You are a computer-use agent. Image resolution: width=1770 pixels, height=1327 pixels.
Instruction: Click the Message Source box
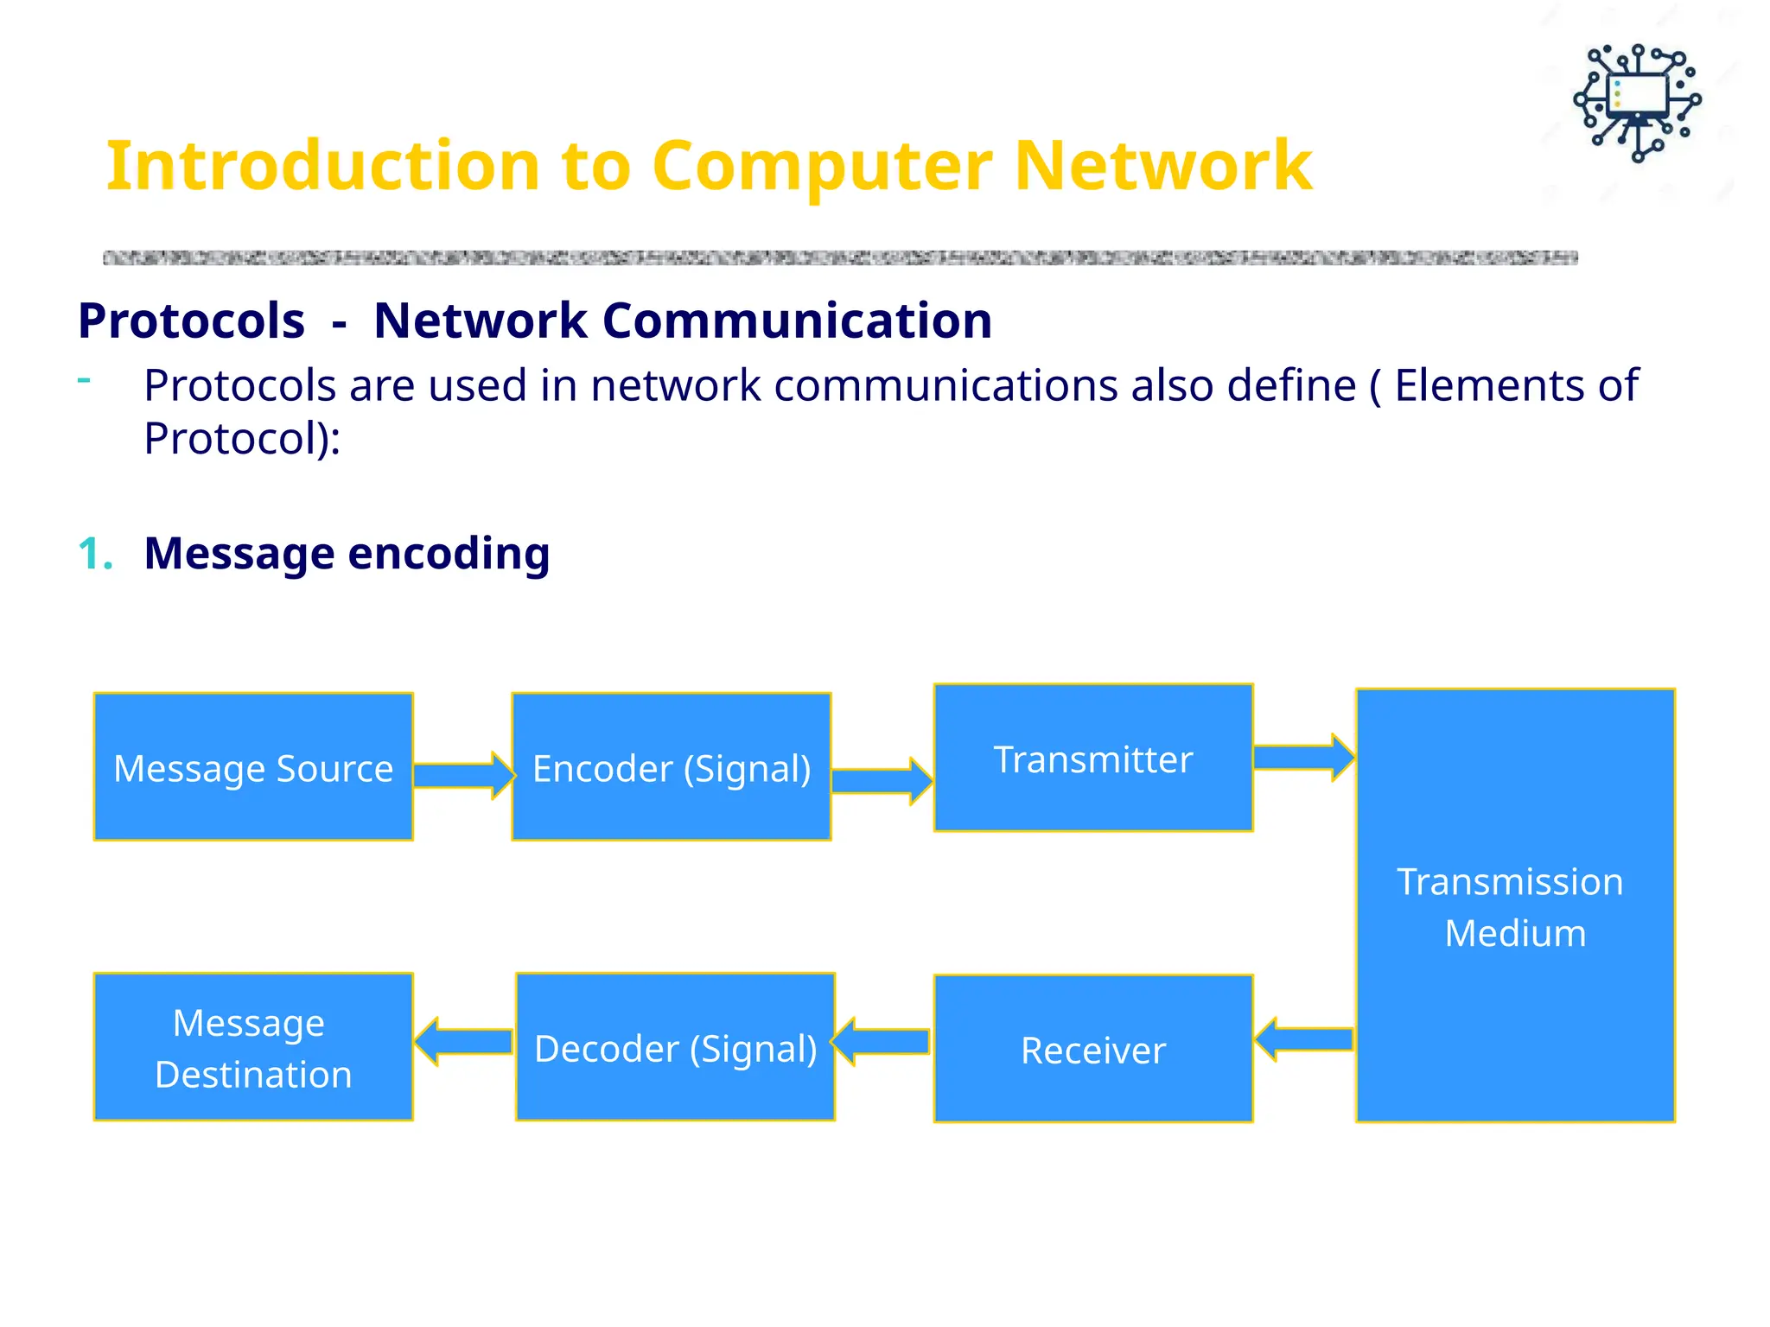(x=253, y=766)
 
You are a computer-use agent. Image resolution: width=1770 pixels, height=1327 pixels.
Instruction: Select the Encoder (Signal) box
(x=672, y=766)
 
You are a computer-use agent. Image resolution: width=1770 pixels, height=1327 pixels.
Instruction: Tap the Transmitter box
(x=1093, y=758)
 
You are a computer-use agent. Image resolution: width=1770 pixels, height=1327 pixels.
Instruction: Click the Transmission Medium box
(x=1515, y=905)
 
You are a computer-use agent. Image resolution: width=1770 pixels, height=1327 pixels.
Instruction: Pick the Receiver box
(x=1093, y=1049)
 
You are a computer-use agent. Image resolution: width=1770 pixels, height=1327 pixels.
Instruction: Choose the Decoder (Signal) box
(x=675, y=1047)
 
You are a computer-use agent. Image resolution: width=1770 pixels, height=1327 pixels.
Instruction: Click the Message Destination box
(x=253, y=1047)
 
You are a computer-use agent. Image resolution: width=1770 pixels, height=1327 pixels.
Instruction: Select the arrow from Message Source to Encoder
(x=463, y=775)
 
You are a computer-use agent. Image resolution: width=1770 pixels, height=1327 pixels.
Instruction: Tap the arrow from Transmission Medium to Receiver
(x=1303, y=1039)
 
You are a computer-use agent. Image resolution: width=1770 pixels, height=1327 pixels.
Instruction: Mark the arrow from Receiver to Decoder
(x=882, y=1042)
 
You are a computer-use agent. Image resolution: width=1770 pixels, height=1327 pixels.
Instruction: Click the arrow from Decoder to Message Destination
(x=463, y=1042)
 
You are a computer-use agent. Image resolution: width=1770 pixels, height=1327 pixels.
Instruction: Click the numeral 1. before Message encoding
(x=95, y=554)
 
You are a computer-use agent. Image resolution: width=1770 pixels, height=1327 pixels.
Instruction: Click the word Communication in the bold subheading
(x=796, y=321)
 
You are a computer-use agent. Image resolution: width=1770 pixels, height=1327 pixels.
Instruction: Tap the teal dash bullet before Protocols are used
(x=84, y=380)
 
